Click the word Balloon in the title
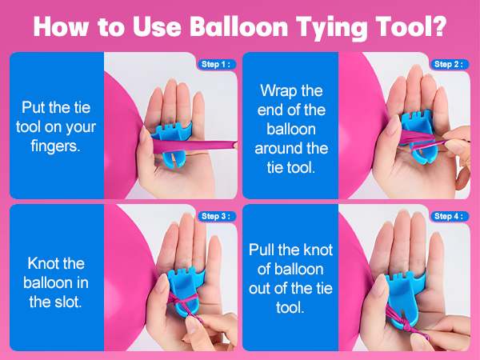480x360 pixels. [235, 26]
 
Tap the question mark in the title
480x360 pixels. [439, 26]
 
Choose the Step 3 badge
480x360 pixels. [217, 216]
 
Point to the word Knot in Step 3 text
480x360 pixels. [43, 263]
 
